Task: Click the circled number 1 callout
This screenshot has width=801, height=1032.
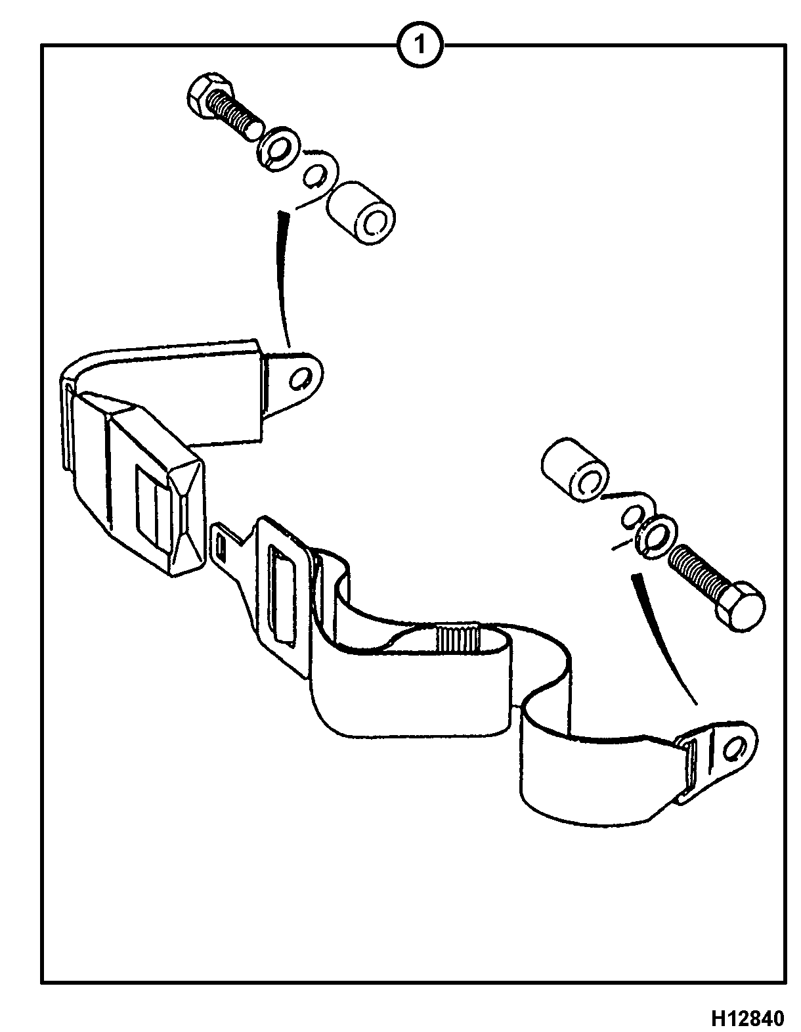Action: click(x=420, y=46)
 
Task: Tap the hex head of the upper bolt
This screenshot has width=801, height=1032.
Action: click(x=209, y=97)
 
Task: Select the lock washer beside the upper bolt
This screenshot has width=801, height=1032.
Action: click(x=278, y=148)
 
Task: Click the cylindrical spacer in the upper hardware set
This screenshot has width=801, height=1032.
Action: click(x=361, y=212)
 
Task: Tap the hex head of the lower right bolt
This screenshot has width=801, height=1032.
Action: click(x=739, y=606)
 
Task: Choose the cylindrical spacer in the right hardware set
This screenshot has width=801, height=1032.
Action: click(x=575, y=469)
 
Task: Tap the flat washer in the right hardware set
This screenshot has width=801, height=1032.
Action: click(x=633, y=514)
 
